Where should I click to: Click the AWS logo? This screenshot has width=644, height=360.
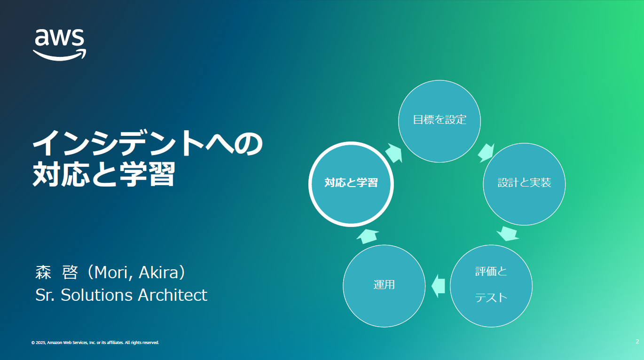coord(60,45)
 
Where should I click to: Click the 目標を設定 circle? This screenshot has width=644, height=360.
coord(440,121)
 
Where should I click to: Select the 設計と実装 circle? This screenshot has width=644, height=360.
coord(524,184)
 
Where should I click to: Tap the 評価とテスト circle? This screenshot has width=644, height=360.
coord(491,286)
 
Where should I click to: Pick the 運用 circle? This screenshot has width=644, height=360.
coord(384,286)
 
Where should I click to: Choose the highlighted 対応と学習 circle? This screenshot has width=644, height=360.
coord(351,184)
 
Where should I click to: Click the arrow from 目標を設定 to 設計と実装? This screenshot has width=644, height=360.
coord(486,153)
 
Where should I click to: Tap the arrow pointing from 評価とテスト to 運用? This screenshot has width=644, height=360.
coord(438,286)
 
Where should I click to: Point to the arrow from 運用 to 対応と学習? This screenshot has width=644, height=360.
coord(368,236)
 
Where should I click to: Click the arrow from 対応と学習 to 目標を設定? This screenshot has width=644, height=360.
coord(393,153)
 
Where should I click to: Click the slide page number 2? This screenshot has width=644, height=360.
coord(637,342)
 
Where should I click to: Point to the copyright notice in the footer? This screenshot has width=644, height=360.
coord(95,343)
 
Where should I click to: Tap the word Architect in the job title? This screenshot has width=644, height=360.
coord(173,295)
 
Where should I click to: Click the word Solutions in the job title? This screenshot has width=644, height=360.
coord(97,295)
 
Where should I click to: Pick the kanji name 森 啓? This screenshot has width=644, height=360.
coord(56,272)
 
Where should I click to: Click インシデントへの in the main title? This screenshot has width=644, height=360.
coord(148,143)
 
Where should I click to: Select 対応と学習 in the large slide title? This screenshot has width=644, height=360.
coord(104,174)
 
